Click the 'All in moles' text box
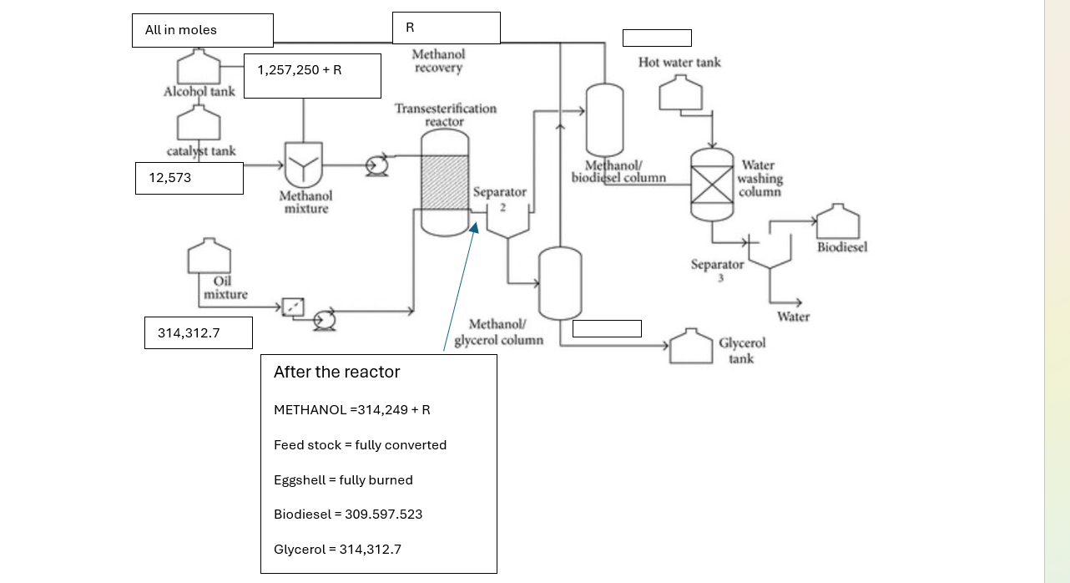pos(202,30)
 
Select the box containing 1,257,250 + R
pos(312,75)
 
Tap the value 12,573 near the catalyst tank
pos(189,178)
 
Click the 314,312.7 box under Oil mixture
pos(198,332)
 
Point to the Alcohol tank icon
pos(199,66)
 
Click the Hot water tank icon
pos(680,93)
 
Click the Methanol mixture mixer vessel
pos(303,165)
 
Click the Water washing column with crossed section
pos(712,184)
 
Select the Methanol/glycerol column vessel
pos(560,283)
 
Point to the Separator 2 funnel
pos(507,225)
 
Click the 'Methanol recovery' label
pos(438,61)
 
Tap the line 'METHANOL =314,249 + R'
pos(352,410)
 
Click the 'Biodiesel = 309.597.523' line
pos(348,515)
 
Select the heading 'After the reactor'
pos(336,373)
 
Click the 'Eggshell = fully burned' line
pos(343,480)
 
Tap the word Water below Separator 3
pos(793,317)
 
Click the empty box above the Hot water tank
pos(657,38)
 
